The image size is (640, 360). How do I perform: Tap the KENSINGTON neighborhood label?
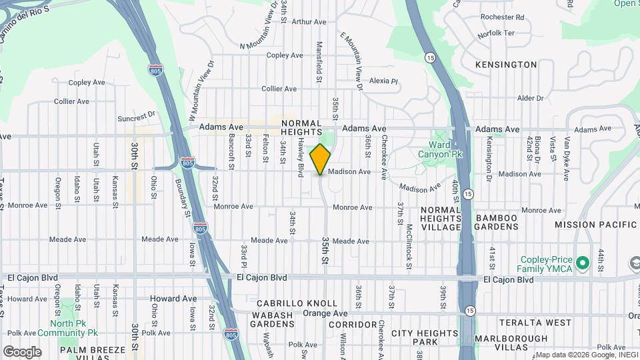pos(505,65)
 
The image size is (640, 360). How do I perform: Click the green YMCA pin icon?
pos(582,263)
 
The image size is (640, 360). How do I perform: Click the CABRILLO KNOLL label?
pos(288,303)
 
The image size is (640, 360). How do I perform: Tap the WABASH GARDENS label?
pos(272,319)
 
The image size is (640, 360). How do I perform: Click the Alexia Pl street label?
pos(383,81)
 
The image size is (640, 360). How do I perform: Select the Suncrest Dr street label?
pos(136,115)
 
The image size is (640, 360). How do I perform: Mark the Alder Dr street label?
pos(531,98)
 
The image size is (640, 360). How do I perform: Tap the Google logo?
pos(22,352)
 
